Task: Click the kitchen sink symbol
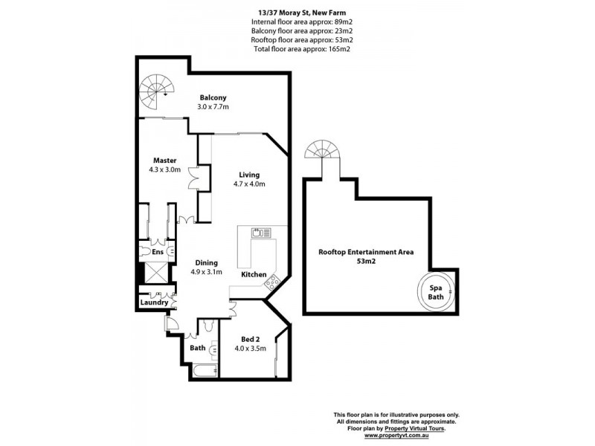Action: [x=262, y=233]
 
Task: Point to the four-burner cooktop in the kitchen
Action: [x=272, y=281]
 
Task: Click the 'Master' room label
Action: [x=164, y=161]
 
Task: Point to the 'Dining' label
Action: [x=206, y=262]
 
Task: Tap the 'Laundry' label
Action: [x=155, y=303]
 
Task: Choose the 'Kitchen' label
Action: [x=254, y=275]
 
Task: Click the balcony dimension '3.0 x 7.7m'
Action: [x=213, y=107]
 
